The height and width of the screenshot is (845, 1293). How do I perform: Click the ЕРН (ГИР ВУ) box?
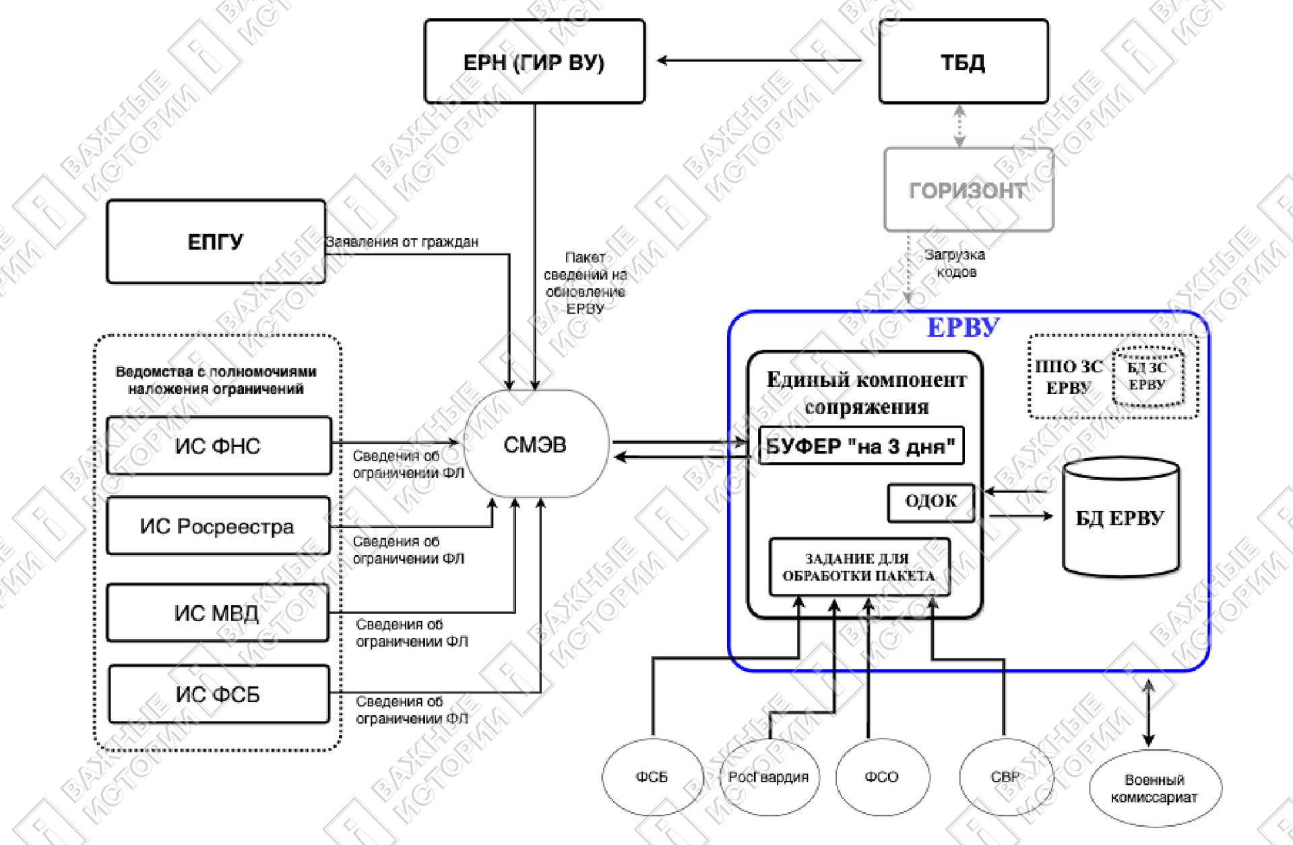pyautogui.click(x=534, y=61)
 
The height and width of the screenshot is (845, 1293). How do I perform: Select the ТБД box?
pyautogui.click(x=964, y=61)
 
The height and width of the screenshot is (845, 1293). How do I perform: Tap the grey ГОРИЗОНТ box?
pyautogui.click(x=968, y=190)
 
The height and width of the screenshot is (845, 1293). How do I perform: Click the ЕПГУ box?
pyautogui.click(x=216, y=241)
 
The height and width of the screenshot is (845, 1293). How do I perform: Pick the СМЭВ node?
pyautogui.click(x=536, y=444)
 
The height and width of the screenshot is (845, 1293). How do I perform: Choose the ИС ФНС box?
pyautogui.click(x=218, y=446)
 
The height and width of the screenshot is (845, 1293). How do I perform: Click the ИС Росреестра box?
pyautogui.click(x=218, y=526)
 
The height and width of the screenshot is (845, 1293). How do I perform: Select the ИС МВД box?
pyautogui.click(x=217, y=612)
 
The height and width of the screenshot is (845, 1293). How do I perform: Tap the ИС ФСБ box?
pyautogui.click(x=218, y=694)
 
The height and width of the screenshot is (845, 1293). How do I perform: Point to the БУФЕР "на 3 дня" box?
pyautogui.click(x=861, y=446)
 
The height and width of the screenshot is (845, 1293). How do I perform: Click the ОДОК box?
pyautogui.click(x=931, y=502)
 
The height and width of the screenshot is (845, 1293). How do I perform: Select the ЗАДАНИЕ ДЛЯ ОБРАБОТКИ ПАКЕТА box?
pyautogui.click(x=859, y=567)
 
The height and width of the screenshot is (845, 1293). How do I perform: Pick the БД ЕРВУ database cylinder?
pyautogui.click(x=1121, y=517)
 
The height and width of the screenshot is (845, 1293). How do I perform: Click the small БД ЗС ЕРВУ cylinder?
pyautogui.click(x=1147, y=376)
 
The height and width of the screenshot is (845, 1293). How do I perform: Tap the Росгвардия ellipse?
pyautogui.click(x=769, y=777)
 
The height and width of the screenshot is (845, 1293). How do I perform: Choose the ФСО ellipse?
pyautogui.click(x=882, y=777)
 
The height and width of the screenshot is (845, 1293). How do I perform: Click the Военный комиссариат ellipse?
pyautogui.click(x=1155, y=788)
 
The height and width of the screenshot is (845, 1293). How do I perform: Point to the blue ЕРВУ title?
pyautogui.click(x=963, y=328)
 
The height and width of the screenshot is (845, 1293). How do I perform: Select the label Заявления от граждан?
pyautogui.click(x=402, y=242)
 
